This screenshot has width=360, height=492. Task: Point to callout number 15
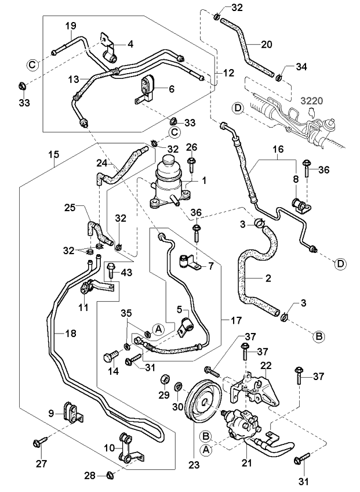click(x=53, y=155)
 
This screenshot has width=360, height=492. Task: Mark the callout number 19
click(x=71, y=26)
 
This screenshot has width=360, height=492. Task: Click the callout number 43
click(x=125, y=272)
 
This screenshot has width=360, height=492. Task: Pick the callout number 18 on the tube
click(x=69, y=333)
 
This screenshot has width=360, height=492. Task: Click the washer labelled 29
click(x=164, y=381)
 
